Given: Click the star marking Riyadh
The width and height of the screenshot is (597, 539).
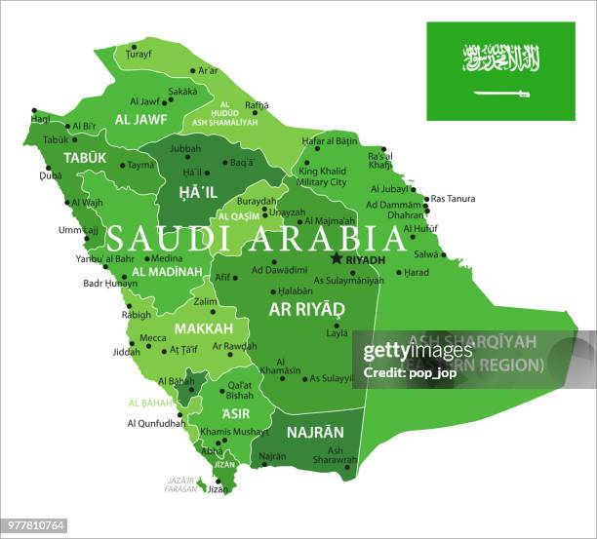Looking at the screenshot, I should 337,258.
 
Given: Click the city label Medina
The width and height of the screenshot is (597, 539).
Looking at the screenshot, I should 166,259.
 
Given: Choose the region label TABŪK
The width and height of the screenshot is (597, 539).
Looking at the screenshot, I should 85,157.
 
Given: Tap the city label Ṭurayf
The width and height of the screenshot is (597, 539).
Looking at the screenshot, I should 138,55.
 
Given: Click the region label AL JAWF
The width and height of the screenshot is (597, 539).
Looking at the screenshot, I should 140,120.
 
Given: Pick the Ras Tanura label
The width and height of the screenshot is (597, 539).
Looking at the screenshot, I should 454,199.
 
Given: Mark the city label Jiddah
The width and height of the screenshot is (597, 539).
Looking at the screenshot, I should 127,351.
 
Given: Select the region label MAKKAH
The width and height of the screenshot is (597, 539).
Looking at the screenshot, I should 204,328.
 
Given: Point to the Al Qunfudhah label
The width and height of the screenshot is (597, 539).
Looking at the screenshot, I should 156,423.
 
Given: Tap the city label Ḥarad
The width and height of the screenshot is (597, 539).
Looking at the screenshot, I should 417,272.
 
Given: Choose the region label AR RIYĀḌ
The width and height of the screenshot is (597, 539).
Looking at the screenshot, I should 306,309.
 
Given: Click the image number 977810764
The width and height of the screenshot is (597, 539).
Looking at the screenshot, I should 35,526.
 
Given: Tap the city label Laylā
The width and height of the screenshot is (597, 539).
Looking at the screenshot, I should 337,333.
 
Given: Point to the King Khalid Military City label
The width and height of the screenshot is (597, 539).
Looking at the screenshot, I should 322,176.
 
